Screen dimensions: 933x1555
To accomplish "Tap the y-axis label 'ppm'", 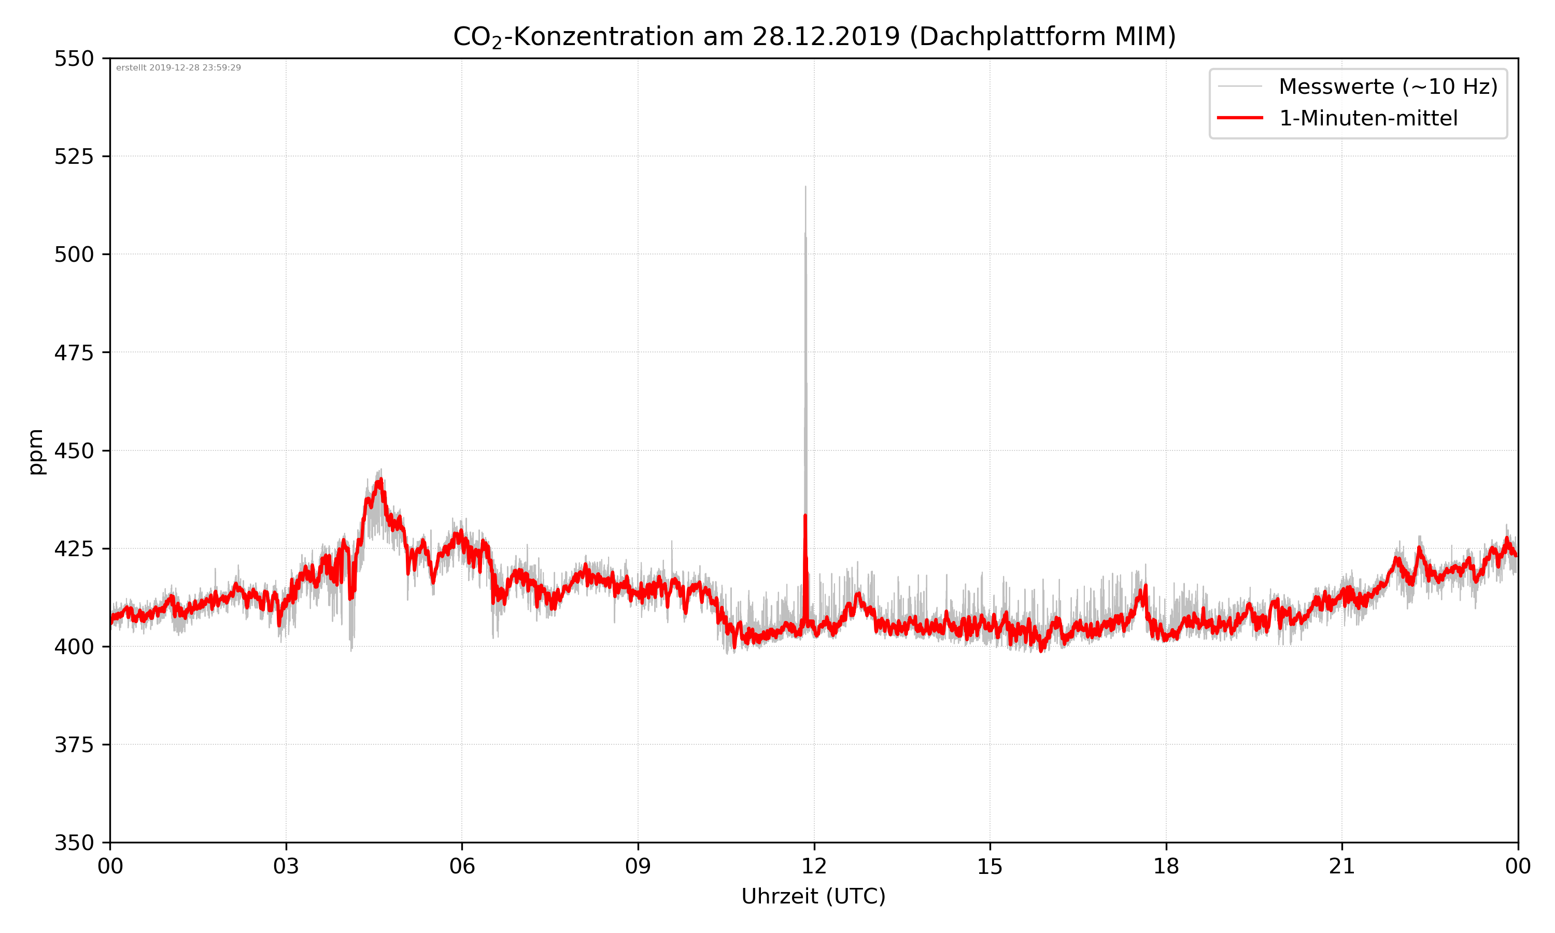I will [x=36, y=451].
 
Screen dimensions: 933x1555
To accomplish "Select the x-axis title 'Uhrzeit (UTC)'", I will [x=813, y=896].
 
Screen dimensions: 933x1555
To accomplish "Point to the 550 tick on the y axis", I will [x=74, y=59].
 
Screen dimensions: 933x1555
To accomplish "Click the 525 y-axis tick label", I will [x=74, y=157].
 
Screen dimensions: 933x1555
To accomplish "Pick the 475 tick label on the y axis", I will [x=74, y=352].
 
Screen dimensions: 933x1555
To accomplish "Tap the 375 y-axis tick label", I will [x=74, y=745].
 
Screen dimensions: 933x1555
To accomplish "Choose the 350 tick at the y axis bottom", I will [x=74, y=842].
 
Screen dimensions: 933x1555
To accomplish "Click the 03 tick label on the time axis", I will [x=286, y=866].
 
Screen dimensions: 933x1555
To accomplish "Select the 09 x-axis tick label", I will [x=638, y=866].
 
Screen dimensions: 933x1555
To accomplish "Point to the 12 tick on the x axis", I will [x=814, y=866].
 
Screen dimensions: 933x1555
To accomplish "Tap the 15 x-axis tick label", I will [x=990, y=866].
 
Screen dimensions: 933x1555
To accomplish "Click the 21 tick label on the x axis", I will [x=1342, y=866].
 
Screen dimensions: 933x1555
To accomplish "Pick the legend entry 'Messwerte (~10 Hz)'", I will [x=1388, y=87].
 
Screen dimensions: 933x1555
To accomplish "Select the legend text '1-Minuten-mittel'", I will [x=1368, y=118].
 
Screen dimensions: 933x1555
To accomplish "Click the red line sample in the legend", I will [x=1239, y=118].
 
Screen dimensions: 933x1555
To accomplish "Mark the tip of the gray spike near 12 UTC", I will [x=805, y=187].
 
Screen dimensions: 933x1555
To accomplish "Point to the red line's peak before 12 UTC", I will [x=805, y=516].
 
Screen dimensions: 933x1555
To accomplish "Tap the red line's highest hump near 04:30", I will [x=380, y=479].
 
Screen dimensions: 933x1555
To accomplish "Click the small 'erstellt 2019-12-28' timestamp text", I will [x=178, y=68].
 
